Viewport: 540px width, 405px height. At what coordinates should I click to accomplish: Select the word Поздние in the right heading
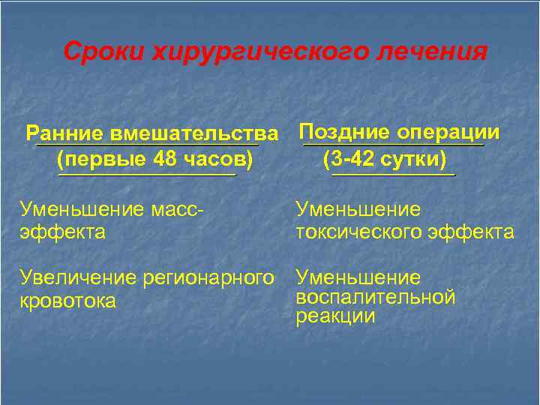pyautogui.click(x=344, y=133)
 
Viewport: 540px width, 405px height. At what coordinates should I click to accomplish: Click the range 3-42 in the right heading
pyautogui.click(x=355, y=159)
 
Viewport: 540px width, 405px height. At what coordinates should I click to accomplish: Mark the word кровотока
pyautogui.click(x=68, y=301)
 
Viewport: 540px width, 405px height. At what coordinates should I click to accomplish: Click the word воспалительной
pyautogui.click(x=376, y=297)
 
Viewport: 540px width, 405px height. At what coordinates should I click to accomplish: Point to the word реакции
pyautogui.click(x=335, y=316)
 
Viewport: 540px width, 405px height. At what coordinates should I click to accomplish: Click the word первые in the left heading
pyautogui.click(x=101, y=159)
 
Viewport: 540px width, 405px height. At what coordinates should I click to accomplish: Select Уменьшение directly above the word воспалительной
pyautogui.click(x=358, y=278)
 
